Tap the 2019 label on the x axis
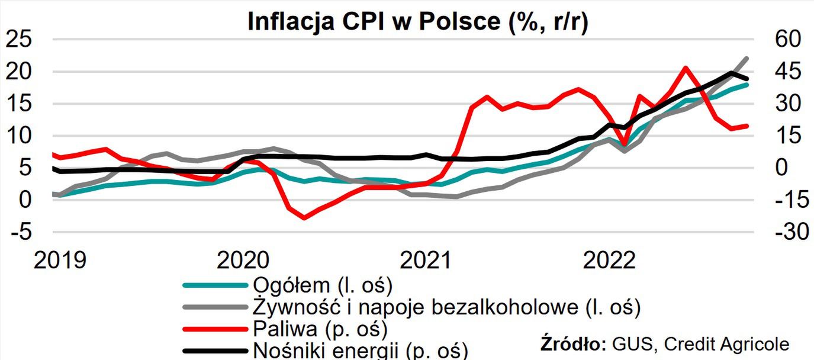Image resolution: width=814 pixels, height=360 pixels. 60,260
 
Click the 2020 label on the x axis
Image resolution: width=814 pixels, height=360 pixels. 243,260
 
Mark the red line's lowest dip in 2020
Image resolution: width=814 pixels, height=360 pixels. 304,217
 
